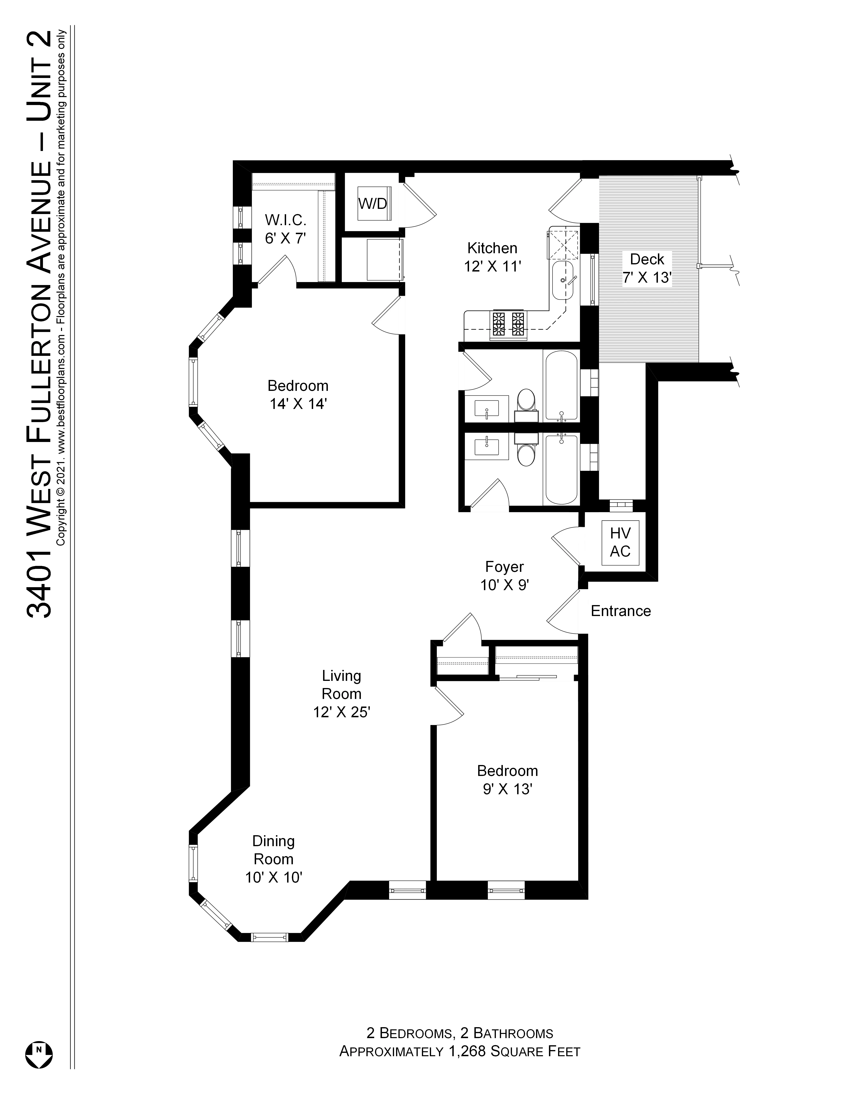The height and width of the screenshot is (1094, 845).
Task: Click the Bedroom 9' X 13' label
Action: tap(507, 779)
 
